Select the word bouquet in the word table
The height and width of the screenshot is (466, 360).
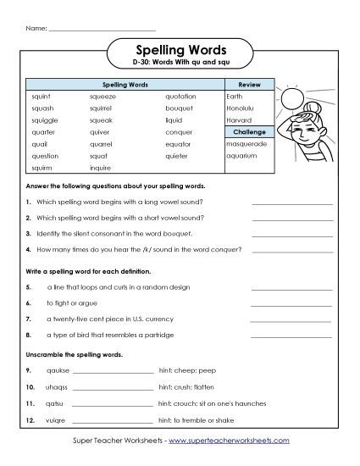[178, 109]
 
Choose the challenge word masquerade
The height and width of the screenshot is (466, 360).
[246, 144]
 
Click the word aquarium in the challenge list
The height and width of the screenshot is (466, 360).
[242, 156]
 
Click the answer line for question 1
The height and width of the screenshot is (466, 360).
[291, 202]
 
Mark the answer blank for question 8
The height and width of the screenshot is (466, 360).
[291, 335]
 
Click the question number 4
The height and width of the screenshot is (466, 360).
[29, 249]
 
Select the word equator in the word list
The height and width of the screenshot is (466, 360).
[179, 144]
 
